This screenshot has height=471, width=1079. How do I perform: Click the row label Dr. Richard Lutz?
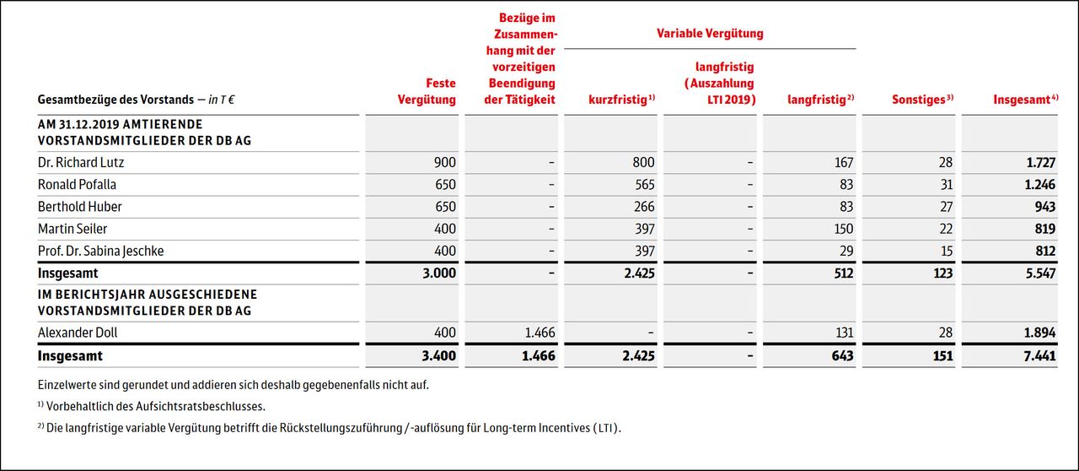(x=81, y=163)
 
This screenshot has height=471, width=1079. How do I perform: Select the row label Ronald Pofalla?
(x=78, y=185)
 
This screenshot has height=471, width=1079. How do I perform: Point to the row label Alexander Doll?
(x=78, y=333)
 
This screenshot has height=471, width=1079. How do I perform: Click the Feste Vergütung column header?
(x=427, y=91)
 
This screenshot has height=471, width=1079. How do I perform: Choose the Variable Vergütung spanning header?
(x=710, y=34)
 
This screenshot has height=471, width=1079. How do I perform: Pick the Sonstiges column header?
(x=922, y=100)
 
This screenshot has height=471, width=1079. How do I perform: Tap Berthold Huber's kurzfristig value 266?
(x=645, y=207)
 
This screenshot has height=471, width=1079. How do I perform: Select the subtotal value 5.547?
(x=1039, y=273)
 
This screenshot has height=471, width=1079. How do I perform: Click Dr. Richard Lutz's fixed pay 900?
(x=444, y=163)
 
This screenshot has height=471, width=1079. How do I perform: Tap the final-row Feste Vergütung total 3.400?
(x=439, y=356)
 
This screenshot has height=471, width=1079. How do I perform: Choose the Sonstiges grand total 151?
(x=942, y=356)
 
